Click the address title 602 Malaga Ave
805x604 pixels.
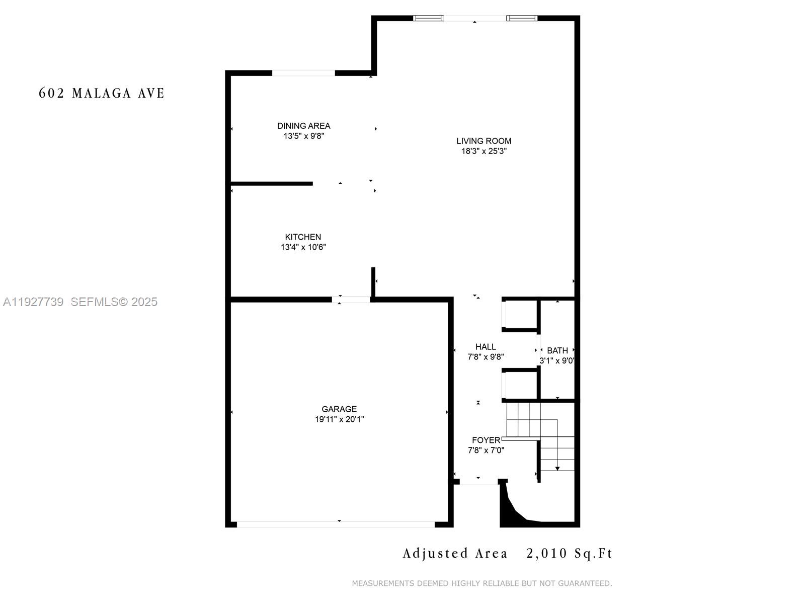[x=102, y=93]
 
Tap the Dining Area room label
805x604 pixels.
[x=303, y=126]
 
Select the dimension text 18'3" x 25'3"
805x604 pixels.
[x=484, y=151]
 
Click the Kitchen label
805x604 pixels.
[x=303, y=237]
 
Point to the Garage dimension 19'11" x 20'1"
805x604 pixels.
[x=339, y=419]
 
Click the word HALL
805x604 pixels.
[x=486, y=347]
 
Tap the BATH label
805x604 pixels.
[x=557, y=350]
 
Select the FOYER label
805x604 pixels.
[x=486, y=440]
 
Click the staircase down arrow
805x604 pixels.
[x=557, y=468]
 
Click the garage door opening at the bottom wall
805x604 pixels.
[x=336, y=524]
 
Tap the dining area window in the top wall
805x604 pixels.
[x=303, y=73]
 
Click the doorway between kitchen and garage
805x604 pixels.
[x=351, y=299]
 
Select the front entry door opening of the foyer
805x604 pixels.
[x=478, y=482]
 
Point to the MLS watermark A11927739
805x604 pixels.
[x=33, y=302]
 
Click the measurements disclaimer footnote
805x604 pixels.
[x=481, y=583]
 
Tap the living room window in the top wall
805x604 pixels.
[x=475, y=19]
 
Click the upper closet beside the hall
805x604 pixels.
[x=520, y=315]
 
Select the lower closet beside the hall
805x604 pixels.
[x=520, y=386]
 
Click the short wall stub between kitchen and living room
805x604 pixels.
[x=373, y=282]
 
